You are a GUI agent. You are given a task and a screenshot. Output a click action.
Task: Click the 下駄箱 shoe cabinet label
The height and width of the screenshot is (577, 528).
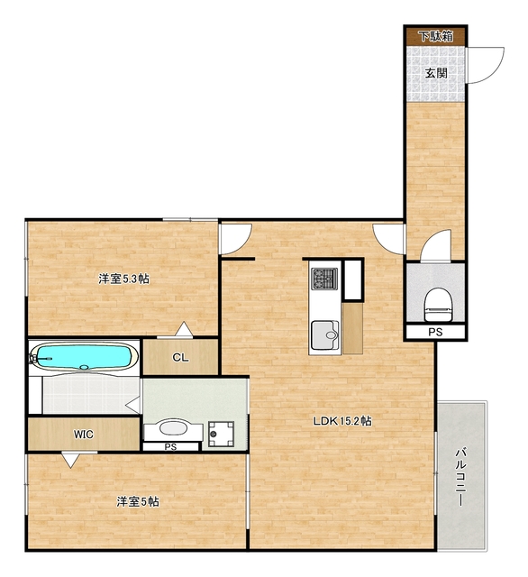pyautogui.click(x=436, y=37)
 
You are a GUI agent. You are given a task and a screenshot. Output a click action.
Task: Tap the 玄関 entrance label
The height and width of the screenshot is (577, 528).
pyautogui.click(x=436, y=73)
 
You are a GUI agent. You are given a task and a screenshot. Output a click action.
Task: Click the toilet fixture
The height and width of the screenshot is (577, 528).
pyautogui.click(x=438, y=304)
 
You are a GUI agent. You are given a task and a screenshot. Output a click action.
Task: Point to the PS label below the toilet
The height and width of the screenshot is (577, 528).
pyautogui.click(x=435, y=333)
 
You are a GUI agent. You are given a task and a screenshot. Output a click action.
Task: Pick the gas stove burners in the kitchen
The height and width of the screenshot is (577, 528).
pyautogui.click(x=324, y=279)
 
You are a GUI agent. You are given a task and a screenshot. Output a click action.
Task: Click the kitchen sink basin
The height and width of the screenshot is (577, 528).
pyautogui.click(x=325, y=334)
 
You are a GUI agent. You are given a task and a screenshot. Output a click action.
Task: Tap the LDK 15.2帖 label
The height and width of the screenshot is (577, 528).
pyautogui.click(x=342, y=421)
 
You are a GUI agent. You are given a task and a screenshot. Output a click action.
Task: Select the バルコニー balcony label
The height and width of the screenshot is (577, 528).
pyautogui.click(x=460, y=477)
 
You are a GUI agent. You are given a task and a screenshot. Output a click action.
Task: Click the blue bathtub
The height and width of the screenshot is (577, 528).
pyautogui.click(x=84, y=357)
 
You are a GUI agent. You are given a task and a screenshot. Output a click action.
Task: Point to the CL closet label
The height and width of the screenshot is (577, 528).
pyautogui.click(x=180, y=357)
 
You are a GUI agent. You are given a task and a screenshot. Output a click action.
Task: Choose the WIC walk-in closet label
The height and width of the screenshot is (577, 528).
pyautogui.click(x=84, y=435)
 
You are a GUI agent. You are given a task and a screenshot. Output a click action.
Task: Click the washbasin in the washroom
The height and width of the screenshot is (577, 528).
pyautogui.click(x=173, y=429)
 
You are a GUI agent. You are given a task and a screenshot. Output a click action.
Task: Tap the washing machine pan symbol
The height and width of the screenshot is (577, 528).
pyautogui.click(x=221, y=435)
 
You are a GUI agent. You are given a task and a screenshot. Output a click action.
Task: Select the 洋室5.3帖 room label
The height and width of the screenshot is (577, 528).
pyautogui.click(x=123, y=279)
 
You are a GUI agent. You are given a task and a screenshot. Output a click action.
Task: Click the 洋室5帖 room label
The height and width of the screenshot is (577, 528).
pyautogui.click(x=138, y=501)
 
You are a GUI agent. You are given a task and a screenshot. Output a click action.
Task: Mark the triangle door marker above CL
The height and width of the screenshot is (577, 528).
pyautogui.click(x=184, y=329)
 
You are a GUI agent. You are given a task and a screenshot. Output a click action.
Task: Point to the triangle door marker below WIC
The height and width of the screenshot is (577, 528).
pyautogui.click(x=70, y=460)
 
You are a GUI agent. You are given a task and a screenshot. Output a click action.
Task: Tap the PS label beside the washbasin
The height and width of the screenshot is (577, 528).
pyautogui.click(x=170, y=447)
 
